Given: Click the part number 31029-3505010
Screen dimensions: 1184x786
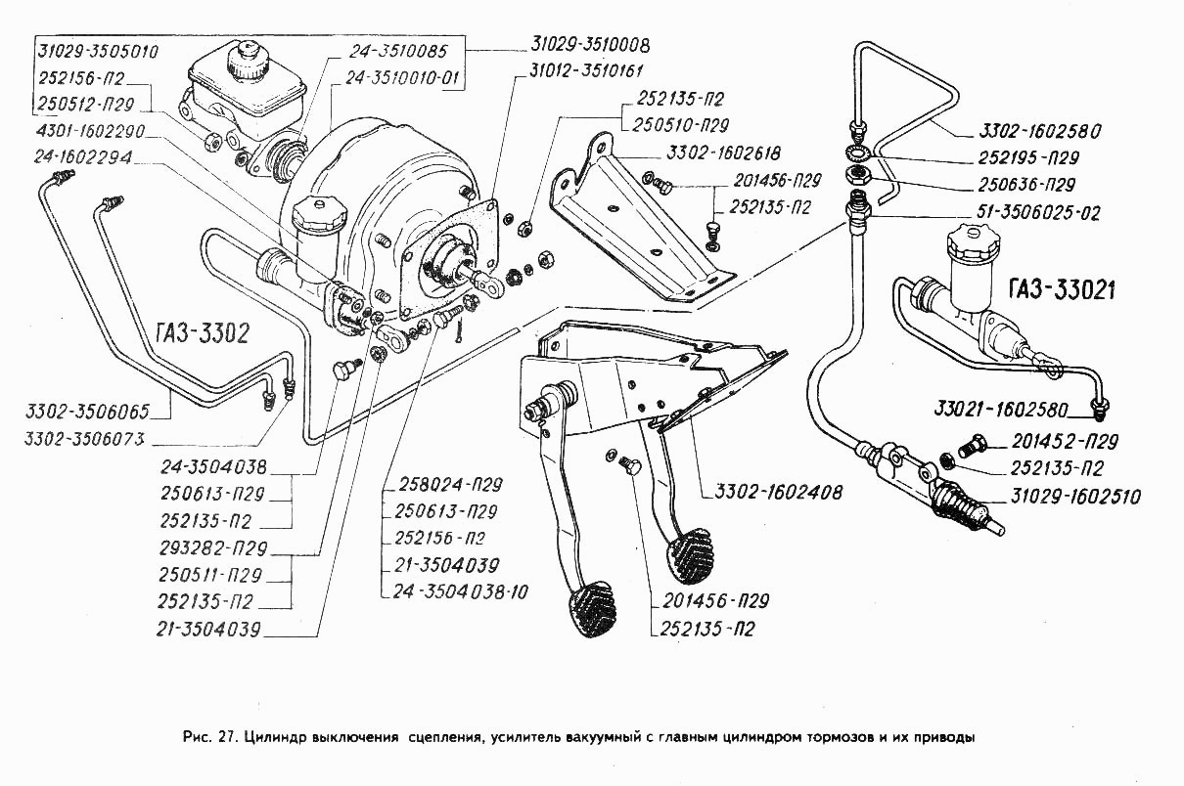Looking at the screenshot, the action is (98, 52).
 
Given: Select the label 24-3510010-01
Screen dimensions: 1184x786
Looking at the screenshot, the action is (403, 78).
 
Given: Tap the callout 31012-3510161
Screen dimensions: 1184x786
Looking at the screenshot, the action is (586, 70).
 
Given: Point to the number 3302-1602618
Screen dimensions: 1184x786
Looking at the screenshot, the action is (723, 153).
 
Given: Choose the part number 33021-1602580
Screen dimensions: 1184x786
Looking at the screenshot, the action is (1001, 410).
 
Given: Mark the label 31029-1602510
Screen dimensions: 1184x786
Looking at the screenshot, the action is (1075, 497).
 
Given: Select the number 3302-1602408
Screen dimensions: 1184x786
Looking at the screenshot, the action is (778, 493).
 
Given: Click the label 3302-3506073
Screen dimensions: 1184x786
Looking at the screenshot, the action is (84, 439).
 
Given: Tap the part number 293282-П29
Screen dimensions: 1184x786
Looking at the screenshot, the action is (213, 548).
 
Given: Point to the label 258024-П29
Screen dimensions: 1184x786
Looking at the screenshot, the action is (450, 484).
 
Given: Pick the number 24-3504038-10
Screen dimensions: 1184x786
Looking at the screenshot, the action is (460, 591).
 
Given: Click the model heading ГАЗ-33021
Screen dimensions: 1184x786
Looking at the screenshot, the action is (1062, 290).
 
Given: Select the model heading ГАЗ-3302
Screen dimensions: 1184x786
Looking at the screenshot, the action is (203, 333).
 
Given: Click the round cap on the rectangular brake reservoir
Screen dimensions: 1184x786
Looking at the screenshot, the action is (248, 61).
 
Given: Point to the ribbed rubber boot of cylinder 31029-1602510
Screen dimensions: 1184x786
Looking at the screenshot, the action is (956, 506).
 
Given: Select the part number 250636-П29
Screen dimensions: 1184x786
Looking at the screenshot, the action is (1026, 185).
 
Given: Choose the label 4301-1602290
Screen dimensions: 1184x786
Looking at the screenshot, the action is (90, 131).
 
